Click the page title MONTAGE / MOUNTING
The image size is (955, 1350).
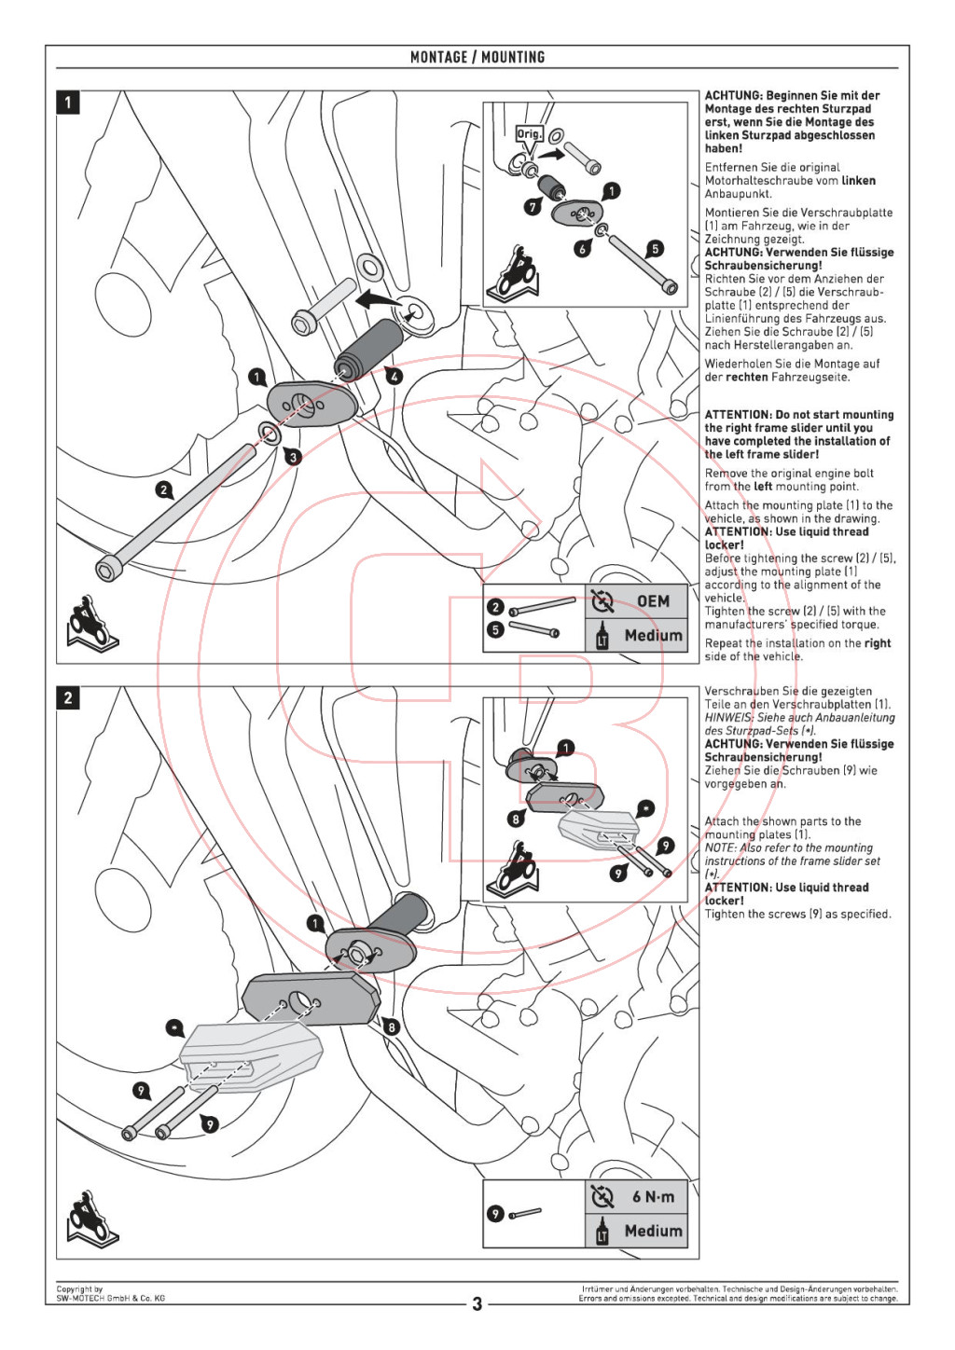tap(477, 57)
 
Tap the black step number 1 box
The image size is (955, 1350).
tap(67, 102)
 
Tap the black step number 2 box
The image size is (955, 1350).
tap(67, 698)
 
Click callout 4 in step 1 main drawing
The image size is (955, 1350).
tap(394, 378)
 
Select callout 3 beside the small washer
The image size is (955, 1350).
tap(293, 457)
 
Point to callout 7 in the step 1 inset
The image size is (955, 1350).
tap(533, 207)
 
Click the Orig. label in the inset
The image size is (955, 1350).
tap(530, 134)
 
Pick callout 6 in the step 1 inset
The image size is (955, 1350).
tap(582, 249)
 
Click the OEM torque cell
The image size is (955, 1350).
tap(637, 600)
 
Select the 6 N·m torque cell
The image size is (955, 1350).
tap(637, 1197)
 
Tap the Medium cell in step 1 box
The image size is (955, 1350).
tap(637, 635)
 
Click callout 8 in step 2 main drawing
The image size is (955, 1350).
tap(392, 1027)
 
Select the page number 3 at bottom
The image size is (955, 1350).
tap(477, 1304)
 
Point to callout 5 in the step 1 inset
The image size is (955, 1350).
tap(655, 248)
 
